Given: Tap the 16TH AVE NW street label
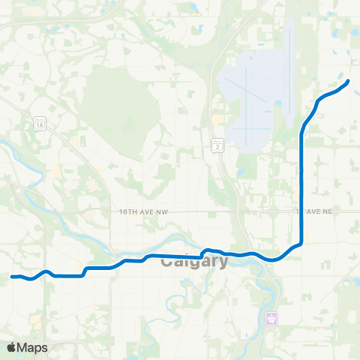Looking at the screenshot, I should pos(145,212).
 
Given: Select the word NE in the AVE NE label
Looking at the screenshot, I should pos(325,212).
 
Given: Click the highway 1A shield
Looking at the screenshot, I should pos(39,124).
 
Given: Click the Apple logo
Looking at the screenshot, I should pos(12,347).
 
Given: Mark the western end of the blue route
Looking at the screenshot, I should pos(12,277).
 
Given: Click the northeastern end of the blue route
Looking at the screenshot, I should pos(349,80).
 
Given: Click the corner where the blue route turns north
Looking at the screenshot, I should pos(300,242).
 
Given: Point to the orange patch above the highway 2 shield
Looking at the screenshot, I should pos(217,120).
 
